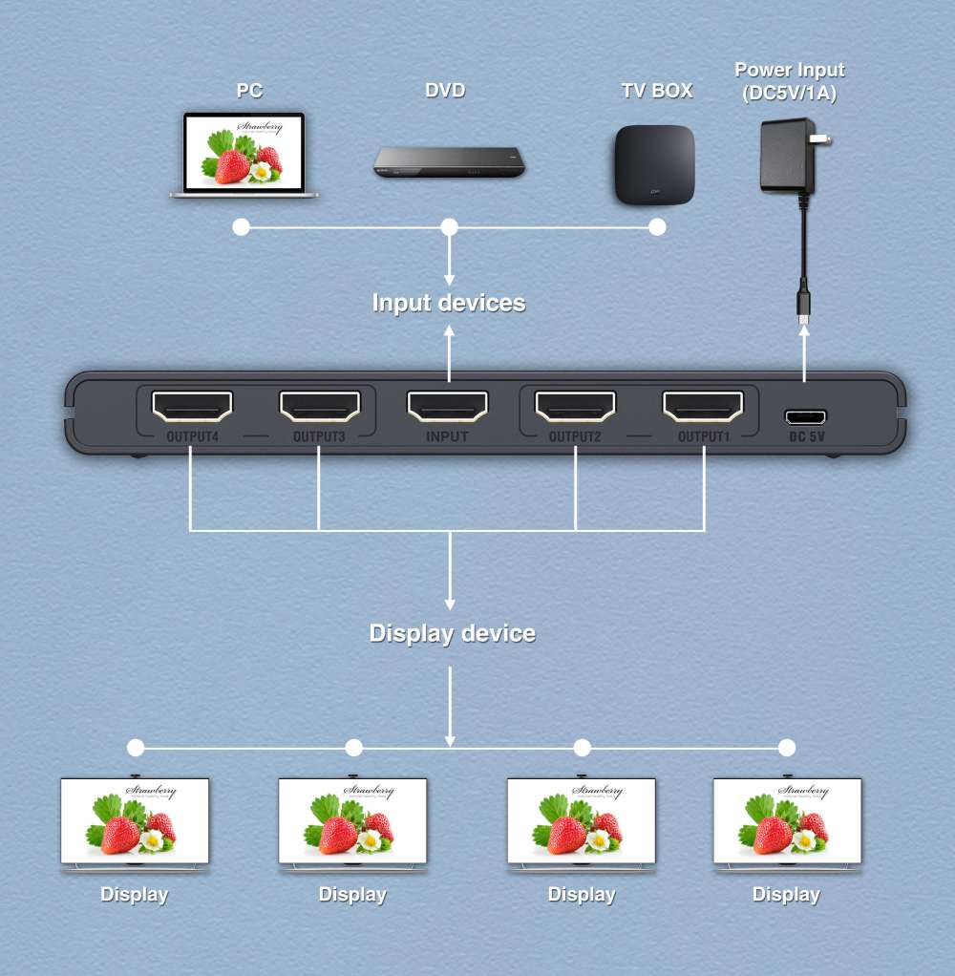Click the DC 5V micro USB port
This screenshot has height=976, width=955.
pyautogui.click(x=806, y=416)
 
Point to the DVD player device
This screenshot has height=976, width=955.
pyautogui.click(x=449, y=162)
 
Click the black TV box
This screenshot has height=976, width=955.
pyautogui.click(x=654, y=164)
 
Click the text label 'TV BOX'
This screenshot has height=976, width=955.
pyautogui.click(x=657, y=92)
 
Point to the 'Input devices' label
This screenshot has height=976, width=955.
pyautogui.click(x=449, y=303)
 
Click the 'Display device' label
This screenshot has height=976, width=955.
pyautogui.click(x=452, y=633)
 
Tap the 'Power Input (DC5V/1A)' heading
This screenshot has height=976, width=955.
pyautogui.click(x=789, y=79)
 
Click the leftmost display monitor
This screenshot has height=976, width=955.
pyautogui.click(x=135, y=821)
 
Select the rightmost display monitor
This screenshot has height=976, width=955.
pyautogui.click(x=787, y=821)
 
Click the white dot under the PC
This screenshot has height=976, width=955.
pyautogui.click(x=242, y=227)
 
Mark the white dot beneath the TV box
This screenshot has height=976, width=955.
pyautogui.click(x=657, y=227)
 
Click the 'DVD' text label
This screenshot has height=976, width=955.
pyautogui.click(x=445, y=92)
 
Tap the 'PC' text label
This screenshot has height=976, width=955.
pyautogui.click(x=249, y=92)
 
